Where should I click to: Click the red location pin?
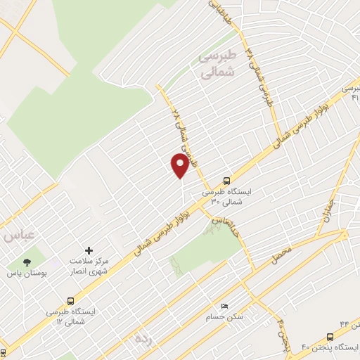(180, 165)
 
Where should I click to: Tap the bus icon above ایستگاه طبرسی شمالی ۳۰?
(226, 179)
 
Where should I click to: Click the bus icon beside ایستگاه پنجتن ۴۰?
(330, 337)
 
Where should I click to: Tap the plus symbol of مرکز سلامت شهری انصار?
(89, 250)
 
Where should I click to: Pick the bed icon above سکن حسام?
(224, 306)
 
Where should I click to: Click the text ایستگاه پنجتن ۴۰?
(330, 347)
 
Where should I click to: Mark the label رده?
(144, 339)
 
